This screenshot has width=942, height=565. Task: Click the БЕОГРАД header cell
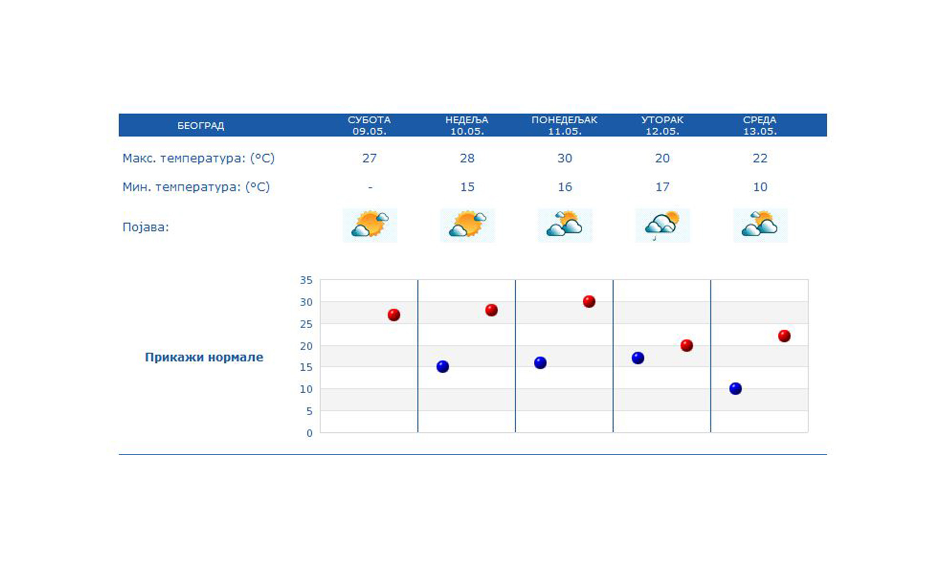201,126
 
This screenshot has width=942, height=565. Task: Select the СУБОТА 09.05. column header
369,126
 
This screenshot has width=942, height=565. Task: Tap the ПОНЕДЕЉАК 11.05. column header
564,126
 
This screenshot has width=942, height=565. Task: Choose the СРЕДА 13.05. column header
759,126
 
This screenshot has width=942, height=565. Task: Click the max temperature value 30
565,158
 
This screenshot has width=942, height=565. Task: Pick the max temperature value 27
369,158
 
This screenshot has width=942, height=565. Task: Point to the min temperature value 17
662,187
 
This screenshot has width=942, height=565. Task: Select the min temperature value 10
760,187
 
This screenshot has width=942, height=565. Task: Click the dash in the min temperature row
370,187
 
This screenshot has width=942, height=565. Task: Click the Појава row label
145,227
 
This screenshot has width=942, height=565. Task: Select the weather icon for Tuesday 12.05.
663,225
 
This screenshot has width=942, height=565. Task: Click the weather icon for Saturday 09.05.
370,225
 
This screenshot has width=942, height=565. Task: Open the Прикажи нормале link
204,357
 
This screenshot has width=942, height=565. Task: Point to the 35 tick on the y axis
306,281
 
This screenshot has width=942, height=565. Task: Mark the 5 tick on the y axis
309,411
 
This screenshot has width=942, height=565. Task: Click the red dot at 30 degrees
589,301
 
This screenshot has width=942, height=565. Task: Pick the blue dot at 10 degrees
735,389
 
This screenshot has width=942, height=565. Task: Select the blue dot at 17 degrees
638,358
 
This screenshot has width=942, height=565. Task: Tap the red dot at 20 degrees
686,345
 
